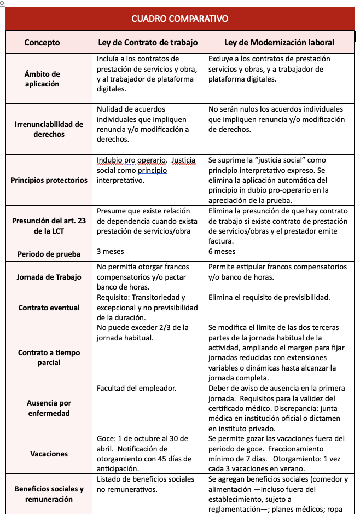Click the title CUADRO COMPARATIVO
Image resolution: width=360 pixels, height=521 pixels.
tap(179, 19)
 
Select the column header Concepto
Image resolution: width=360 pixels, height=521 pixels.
tap(42, 42)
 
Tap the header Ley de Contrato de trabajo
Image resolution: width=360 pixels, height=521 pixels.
tap(148, 42)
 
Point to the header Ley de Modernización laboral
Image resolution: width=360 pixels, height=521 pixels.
tap(279, 42)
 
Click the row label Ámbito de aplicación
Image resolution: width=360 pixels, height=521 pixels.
tap(42, 79)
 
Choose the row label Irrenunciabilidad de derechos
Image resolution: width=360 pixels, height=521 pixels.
tap(49, 129)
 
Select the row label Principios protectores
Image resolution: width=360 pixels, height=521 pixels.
tap(49, 180)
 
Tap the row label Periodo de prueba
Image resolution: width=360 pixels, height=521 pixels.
tap(49, 254)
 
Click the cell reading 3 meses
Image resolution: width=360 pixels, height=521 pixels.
tap(110, 252)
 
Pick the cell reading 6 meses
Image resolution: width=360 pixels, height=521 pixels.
tap(222, 252)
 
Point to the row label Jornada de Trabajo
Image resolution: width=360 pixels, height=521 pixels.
tap(49, 277)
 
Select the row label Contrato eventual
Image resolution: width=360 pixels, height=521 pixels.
tap(49, 308)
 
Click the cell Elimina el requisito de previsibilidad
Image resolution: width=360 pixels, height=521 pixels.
tap(269, 298)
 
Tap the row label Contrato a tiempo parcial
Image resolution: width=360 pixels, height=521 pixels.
tap(49, 357)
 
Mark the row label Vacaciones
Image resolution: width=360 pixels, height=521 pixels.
tap(49, 454)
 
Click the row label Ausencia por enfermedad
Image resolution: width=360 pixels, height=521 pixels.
tap(49, 408)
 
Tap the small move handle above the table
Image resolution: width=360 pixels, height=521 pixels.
tap(3, 3)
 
